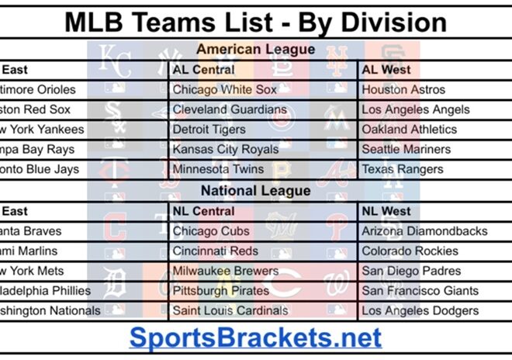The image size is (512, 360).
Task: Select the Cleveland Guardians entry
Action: (230, 110)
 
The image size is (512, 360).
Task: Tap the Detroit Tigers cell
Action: (209, 130)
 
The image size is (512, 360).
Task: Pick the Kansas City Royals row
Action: (225, 150)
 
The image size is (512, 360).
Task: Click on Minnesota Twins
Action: (218, 169)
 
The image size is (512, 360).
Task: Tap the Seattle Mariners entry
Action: (406, 150)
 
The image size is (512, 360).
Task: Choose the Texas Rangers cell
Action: (403, 169)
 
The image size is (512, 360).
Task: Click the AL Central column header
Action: (203, 70)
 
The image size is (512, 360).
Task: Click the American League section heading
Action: (255, 50)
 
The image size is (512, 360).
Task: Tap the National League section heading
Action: (256, 190)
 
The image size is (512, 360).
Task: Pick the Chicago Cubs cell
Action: (211, 231)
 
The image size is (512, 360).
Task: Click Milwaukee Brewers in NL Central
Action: (225, 272)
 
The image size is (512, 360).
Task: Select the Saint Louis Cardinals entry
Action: (230, 311)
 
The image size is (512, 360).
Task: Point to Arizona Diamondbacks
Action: (424, 231)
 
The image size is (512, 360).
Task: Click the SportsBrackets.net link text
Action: (255, 337)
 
